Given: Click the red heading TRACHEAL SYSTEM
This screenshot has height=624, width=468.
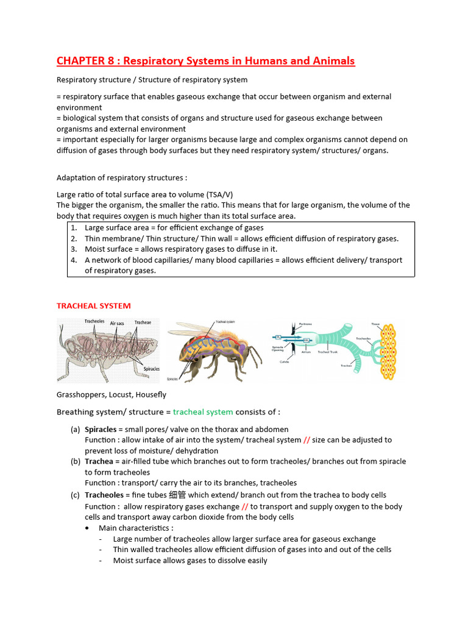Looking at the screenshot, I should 93,306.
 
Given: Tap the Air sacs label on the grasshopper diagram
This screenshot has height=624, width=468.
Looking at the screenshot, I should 117,323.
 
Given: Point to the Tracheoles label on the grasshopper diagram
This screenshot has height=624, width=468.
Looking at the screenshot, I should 94,321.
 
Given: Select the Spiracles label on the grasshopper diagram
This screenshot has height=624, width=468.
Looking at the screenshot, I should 151,369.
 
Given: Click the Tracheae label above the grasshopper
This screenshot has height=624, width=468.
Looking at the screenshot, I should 143,322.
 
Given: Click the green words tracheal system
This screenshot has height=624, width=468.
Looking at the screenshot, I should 199,412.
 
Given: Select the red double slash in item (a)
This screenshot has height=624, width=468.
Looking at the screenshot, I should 307,440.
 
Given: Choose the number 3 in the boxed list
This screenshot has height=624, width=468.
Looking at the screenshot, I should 73,249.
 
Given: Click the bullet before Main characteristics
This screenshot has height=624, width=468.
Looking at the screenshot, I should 89,528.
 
